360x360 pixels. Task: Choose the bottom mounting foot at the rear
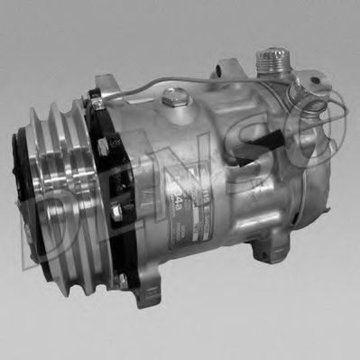(260, 235)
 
